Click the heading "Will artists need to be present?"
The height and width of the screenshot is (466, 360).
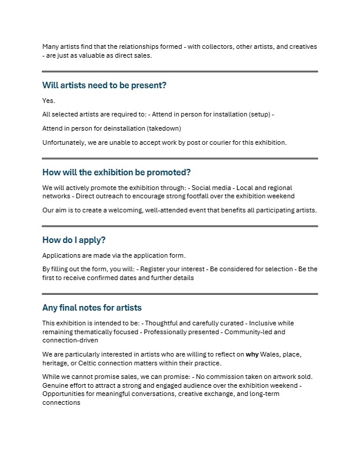tap(104, 85)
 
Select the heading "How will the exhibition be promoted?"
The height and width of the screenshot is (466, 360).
tap(116, 172)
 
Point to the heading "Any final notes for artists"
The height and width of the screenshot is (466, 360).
tap(92, 308)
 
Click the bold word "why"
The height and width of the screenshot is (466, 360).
tap(252, 355)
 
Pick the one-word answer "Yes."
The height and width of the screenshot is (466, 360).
tap(49, 101)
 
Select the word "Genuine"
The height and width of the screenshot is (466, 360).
tap(56, 385)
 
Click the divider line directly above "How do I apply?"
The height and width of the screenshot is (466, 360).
tap(180, 226)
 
